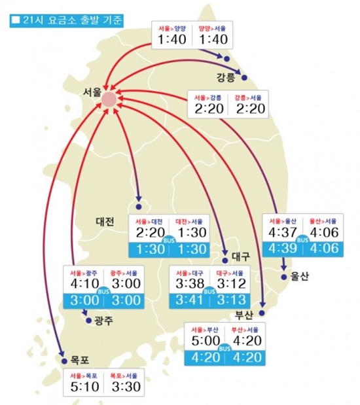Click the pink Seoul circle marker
(x=109, y=99)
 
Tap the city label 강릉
(x=225, y=79)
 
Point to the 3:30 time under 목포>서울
(x=124, y=389)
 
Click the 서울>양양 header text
(x=172, y=28)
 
